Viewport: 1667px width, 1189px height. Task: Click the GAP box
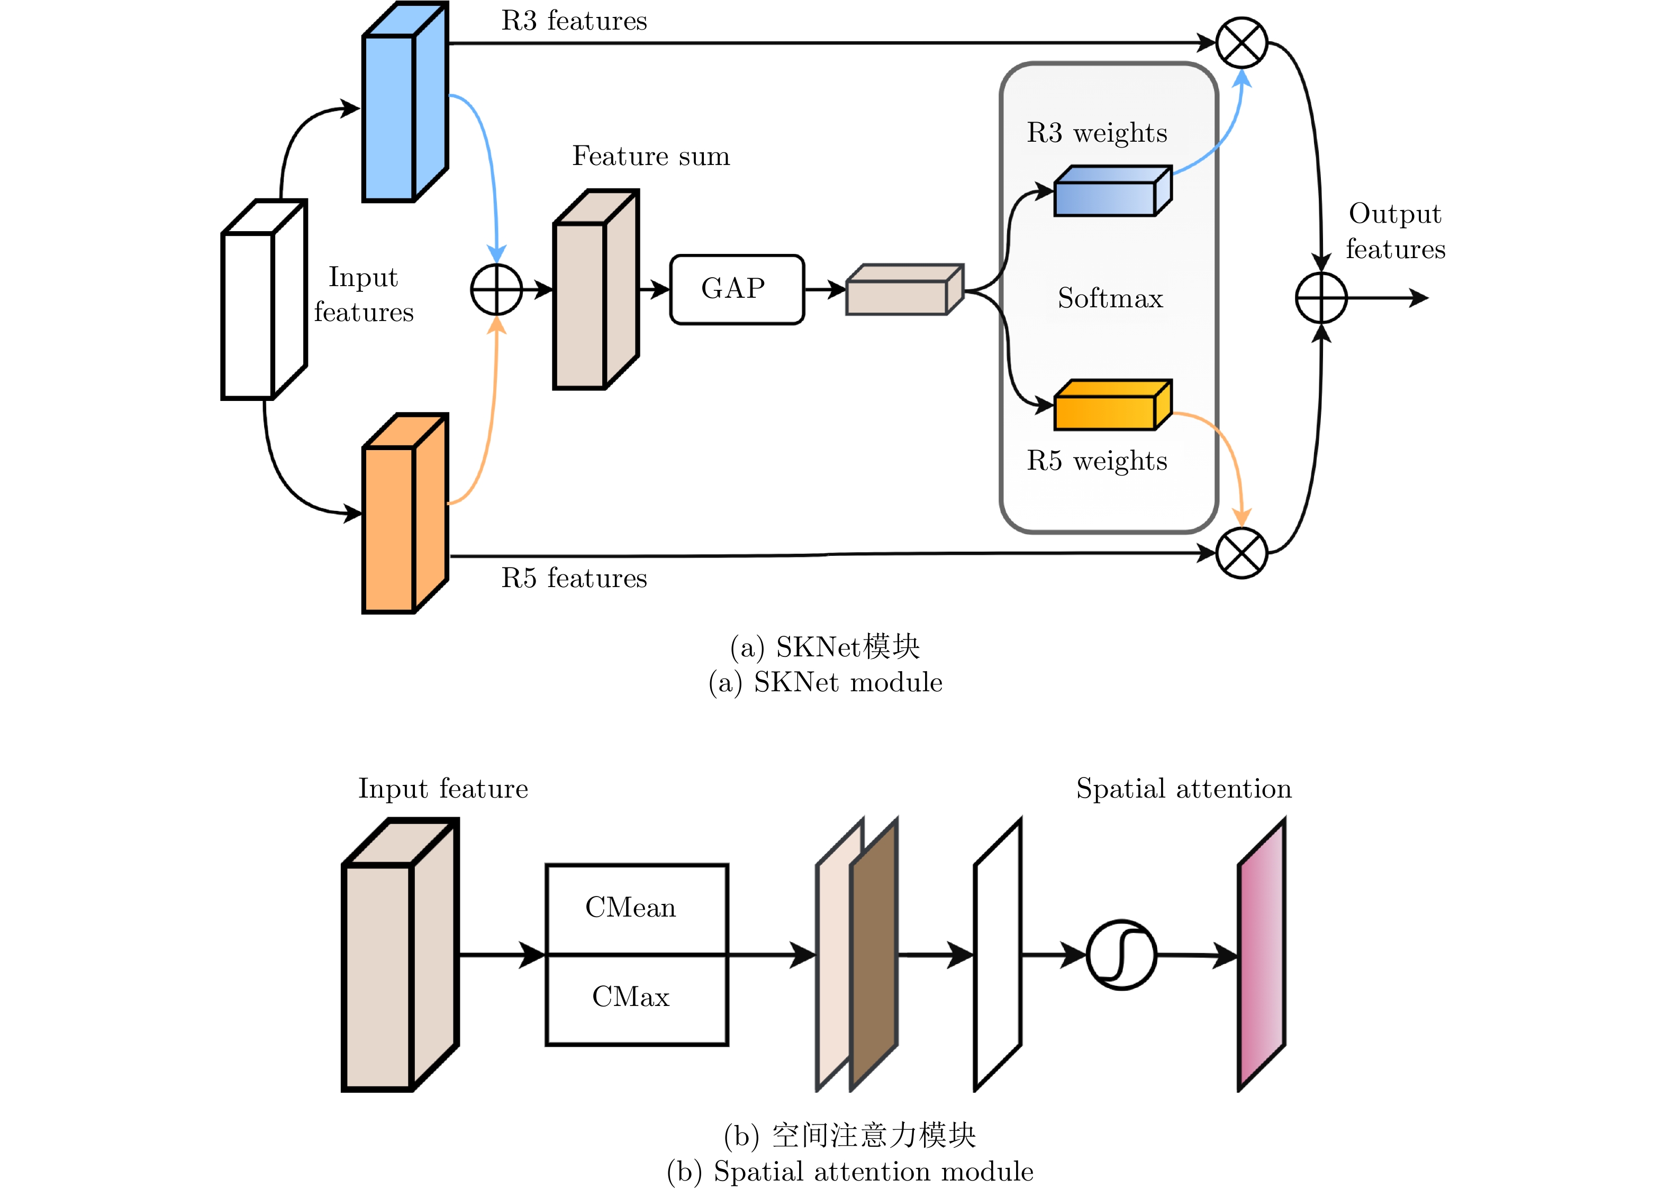pyautogui.click(x=737, y=289)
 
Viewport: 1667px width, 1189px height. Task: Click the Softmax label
pyautogui.click(x=1110, y=298)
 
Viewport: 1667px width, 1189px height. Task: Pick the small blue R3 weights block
pyautogui.click(x=1112, y=192)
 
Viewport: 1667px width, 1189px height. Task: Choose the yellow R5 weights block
pyautogui.click(x=1112, y=406)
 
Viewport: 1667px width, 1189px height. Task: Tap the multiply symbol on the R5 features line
pyautogui.click(x=1242, y=553)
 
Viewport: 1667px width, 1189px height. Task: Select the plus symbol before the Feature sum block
pyautogui.click(x=496, y=290)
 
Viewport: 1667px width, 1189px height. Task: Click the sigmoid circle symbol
pyautogui.click(x=1121, y=955)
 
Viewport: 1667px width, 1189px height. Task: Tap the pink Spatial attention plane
pyautogui.click(x=1261, y=955)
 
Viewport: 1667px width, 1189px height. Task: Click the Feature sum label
pyautogui.click(x=650, y=156)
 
